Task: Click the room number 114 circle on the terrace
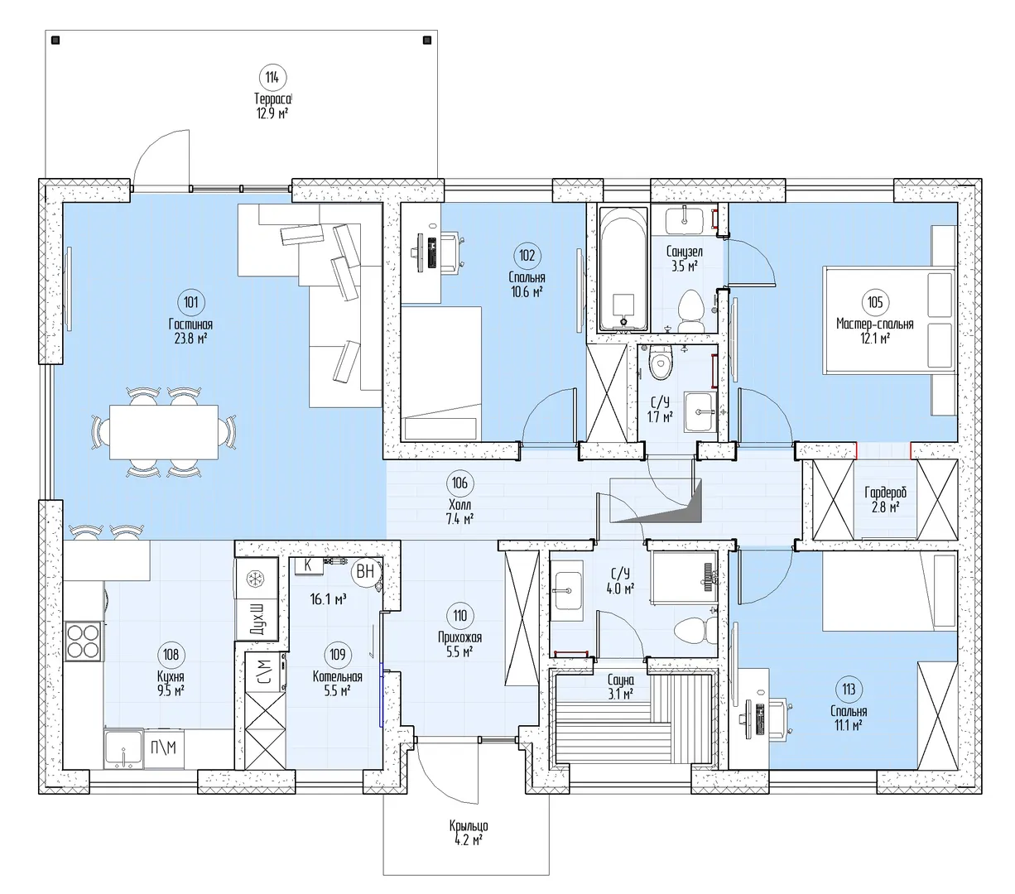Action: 272,78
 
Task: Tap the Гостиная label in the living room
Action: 190,324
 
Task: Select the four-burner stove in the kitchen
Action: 83,642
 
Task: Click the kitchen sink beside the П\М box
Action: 123,748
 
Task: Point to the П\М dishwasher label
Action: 163,747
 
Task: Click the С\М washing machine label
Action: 264,671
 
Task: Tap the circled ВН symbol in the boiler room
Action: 365,571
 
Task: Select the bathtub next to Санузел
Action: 623,270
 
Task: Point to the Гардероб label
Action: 885,493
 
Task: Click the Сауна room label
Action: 621,680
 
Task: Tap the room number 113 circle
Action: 849,690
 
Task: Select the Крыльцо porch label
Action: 469,826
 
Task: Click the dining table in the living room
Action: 164,432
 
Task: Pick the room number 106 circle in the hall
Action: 460,483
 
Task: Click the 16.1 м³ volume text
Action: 328,598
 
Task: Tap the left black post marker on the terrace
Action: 55,41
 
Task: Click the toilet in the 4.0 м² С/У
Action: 695,630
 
